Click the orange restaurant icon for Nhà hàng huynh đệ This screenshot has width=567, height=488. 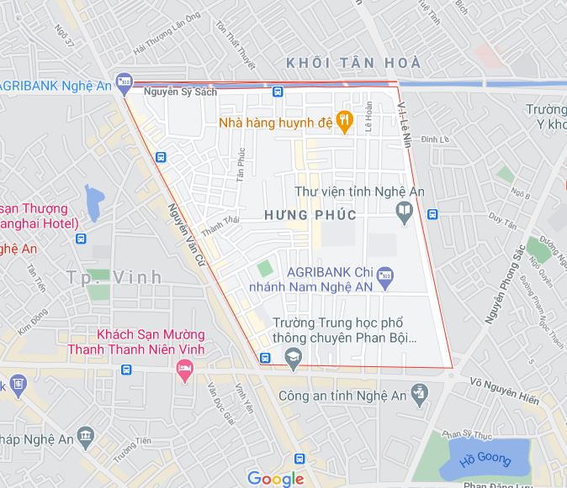[343, 121]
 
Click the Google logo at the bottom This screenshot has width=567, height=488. [275, 479]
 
